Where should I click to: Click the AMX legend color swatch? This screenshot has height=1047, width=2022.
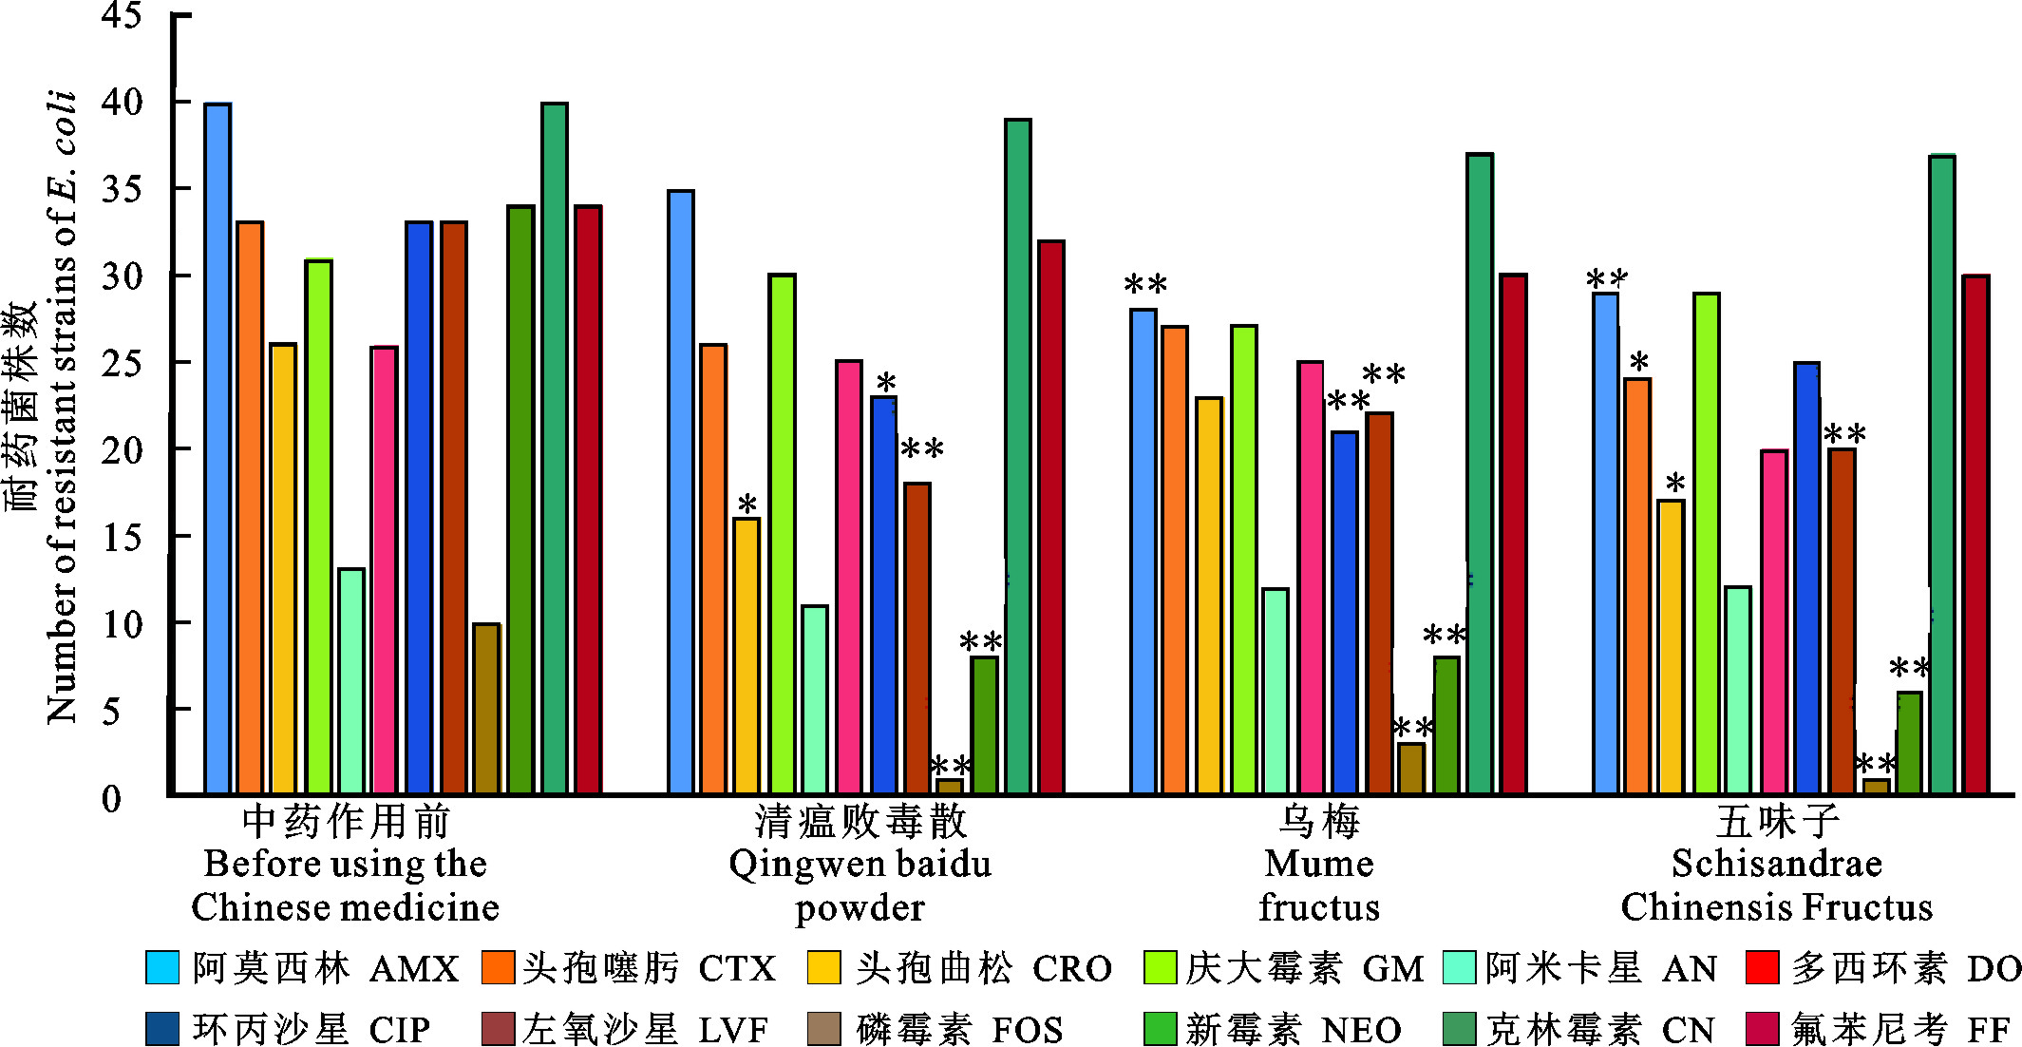coord(161,967)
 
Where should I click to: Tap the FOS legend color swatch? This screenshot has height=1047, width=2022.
coord(823,1029)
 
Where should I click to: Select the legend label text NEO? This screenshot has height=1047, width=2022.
coord(1360,1030)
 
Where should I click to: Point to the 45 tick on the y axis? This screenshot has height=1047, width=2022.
coord(122,15)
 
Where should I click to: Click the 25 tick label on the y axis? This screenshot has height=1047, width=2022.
coord(122,363)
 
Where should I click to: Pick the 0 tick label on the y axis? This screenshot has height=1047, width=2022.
coord(112,798)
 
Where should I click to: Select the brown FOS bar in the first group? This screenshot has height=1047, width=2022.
coord(486,709)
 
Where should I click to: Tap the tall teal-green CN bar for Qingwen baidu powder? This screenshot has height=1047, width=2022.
coord(1017,456)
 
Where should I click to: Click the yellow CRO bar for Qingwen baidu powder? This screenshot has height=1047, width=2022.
coord(746,656)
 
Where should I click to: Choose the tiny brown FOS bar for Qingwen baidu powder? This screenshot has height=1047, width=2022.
coord(950,786)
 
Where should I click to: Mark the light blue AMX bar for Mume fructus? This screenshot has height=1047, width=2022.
coord(1143,551)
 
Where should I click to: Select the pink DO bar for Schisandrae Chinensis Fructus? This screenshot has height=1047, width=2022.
coord(1773,621)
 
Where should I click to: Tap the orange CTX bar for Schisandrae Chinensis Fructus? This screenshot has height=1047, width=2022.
coord(1637,585)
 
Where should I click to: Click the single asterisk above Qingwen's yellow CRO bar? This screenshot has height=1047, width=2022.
coord(747,504)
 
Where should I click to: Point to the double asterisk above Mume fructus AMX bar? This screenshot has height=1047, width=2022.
coord(1144,284)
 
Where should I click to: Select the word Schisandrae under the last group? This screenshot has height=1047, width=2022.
coord(1776,864)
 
